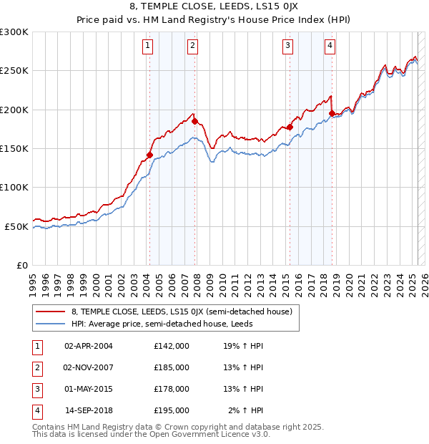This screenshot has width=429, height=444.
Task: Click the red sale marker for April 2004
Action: tap(149, 155)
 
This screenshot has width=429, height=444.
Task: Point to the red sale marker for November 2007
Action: tap(194, 122)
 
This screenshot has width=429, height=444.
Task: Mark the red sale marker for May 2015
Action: tap(290, 127)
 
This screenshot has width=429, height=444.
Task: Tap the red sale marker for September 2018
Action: tap(332, 113)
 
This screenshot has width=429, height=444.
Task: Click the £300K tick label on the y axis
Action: tap(14, 32)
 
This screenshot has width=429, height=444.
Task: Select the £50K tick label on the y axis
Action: tap(16, 226)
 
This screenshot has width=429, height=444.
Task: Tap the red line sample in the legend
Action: tap(51, 312)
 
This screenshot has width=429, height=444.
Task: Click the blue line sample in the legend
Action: tap(51, 324)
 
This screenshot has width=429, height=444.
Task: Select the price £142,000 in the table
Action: tap(172, 346)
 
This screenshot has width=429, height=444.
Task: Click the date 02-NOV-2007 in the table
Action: tap(89, 367)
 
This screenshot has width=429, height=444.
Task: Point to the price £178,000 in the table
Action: tap(172, 389)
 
